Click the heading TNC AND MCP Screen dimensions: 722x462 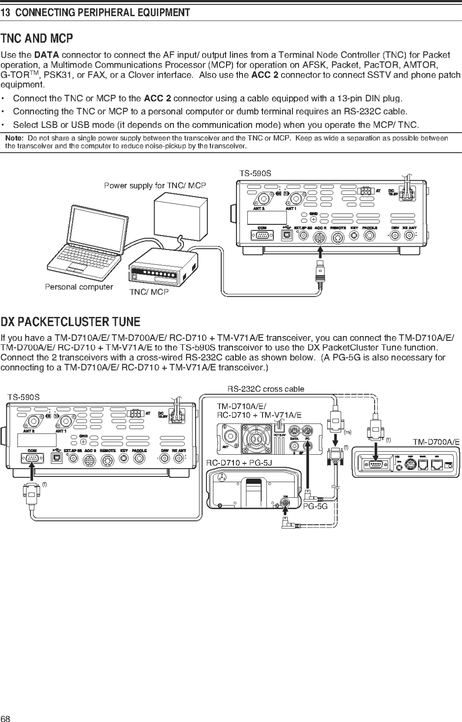point(36,39)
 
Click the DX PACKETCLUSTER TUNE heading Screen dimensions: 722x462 point(70,322)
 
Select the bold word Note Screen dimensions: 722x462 point(14,138)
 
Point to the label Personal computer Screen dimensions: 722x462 point(79,287)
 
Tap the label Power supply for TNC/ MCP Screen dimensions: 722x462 point(155,185)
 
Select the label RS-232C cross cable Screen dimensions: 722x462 point(265,389)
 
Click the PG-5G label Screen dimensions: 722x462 point(315,506)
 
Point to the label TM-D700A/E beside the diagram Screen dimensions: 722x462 point(436,442)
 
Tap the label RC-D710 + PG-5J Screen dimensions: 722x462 point(239,463)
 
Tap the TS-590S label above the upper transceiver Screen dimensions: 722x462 point(255,173)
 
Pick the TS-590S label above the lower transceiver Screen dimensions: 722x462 point(23,397)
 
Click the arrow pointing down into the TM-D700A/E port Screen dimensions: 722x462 point(375,453)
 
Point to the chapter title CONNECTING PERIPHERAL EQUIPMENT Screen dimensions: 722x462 point(102,13)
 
